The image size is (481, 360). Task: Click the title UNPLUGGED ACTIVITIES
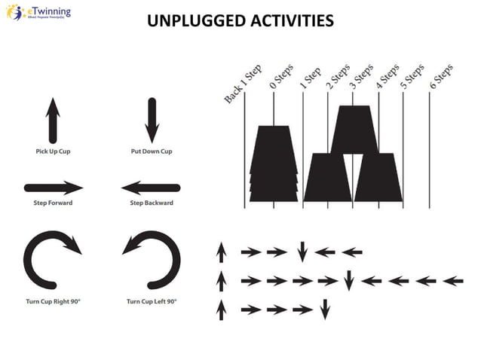(x=240, y=20)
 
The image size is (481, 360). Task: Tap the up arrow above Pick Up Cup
(x=53, y=121)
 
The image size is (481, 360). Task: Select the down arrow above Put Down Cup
(x=152, y=121)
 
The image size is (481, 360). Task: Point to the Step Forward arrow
(x=54, y=188)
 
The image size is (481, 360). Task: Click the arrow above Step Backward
(x=151, y=188)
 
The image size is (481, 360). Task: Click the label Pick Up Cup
(x=53, y=151)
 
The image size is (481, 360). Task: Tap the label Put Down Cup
(x=152, y=151)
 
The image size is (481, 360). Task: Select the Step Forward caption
(x=53, y=203)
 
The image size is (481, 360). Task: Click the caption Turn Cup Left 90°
(x=152, y=302)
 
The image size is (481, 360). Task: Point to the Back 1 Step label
(x=242, y=85)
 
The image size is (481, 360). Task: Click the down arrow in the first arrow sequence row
(x=302, y=252)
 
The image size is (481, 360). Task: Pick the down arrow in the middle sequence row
(x=348, y=281)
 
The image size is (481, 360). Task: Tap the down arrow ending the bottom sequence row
(x=325, y=309)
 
